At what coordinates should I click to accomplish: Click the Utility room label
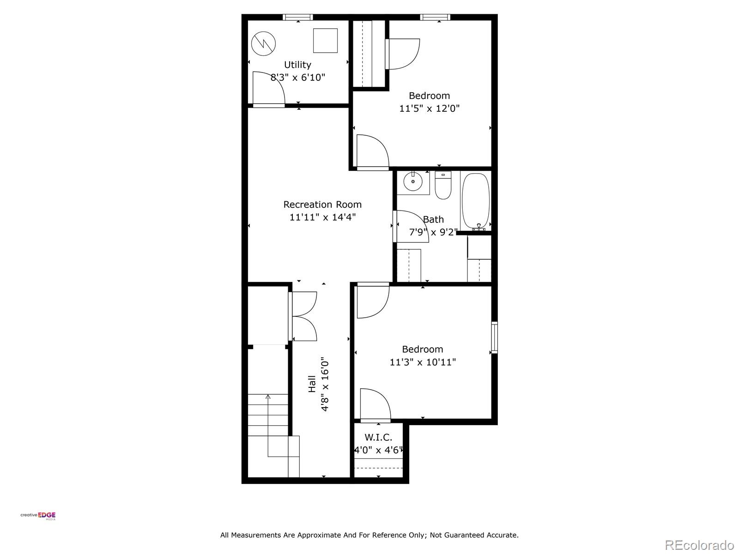pyautogui.click(x=297, y=65)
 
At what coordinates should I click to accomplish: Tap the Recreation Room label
pyautogui.click(x=322, y=205)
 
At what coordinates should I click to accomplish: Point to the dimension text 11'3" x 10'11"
pyautogui.click(x=423, y=362)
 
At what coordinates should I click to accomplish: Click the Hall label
pyautogui.click(x=312, y=384)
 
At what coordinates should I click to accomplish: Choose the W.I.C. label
pyautogui.click(x=378, y=437)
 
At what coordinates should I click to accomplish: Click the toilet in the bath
pyautogui.click(x=443, y=186)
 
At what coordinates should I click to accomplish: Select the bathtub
pyautogui.click(x=475, y=201)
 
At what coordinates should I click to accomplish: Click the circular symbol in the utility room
pyautogui.click(x=263, y=43)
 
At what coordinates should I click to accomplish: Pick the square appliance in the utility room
pyautogui.click(x=325, y=41)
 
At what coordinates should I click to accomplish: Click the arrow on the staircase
pyautogui.click(x=268, y=397)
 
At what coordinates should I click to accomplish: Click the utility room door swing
pyautogui.click(x=269, y=89)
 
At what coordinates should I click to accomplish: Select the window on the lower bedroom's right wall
pyautogui.click(x=494, y=337)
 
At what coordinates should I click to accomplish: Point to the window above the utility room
pyautogui.click(x=298, y=18)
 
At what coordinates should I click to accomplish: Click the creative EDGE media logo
pyautogui.click(x=38, y=516)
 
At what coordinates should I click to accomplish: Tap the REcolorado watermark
pyautogui.click(x=699, y=545)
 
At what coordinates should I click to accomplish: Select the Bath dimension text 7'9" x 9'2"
pyautogui.click(x=433, y=232)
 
